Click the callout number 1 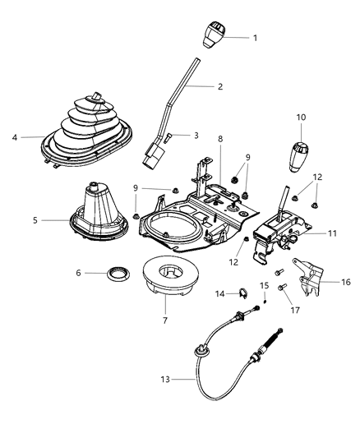click(x=255, y=38)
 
